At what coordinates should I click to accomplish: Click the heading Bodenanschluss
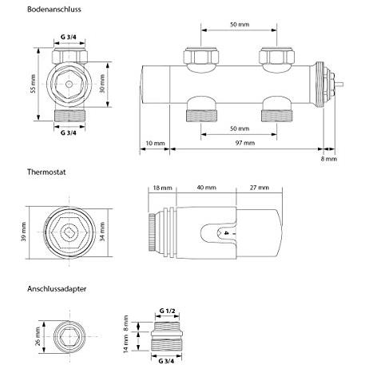click(54, 10)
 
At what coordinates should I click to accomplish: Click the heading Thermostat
click(46, 172)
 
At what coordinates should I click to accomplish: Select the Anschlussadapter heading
click(57, 289)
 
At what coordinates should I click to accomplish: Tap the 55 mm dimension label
click(33, 84)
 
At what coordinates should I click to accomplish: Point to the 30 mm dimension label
click(102, 84)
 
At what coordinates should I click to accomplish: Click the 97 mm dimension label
click(245, 143)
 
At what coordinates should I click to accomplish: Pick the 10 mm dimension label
click(155, 143)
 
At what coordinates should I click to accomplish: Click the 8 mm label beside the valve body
click(329, 159)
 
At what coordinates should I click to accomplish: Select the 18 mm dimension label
click(162, 188)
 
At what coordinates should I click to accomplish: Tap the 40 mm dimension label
click(206, 188)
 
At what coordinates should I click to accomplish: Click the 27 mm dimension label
click(260, 188)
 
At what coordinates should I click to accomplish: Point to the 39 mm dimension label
click(23, 232)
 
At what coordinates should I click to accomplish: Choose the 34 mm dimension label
click(102, 232)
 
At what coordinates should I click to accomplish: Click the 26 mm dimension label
click(38, 336)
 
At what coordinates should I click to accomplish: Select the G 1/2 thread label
click(168, 311)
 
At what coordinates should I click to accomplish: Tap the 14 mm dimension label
click(126, 343)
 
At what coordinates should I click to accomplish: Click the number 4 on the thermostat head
click(226, 233)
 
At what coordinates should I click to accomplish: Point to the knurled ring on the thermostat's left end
click(152, 232)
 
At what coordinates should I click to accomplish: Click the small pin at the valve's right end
click(339, 85)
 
